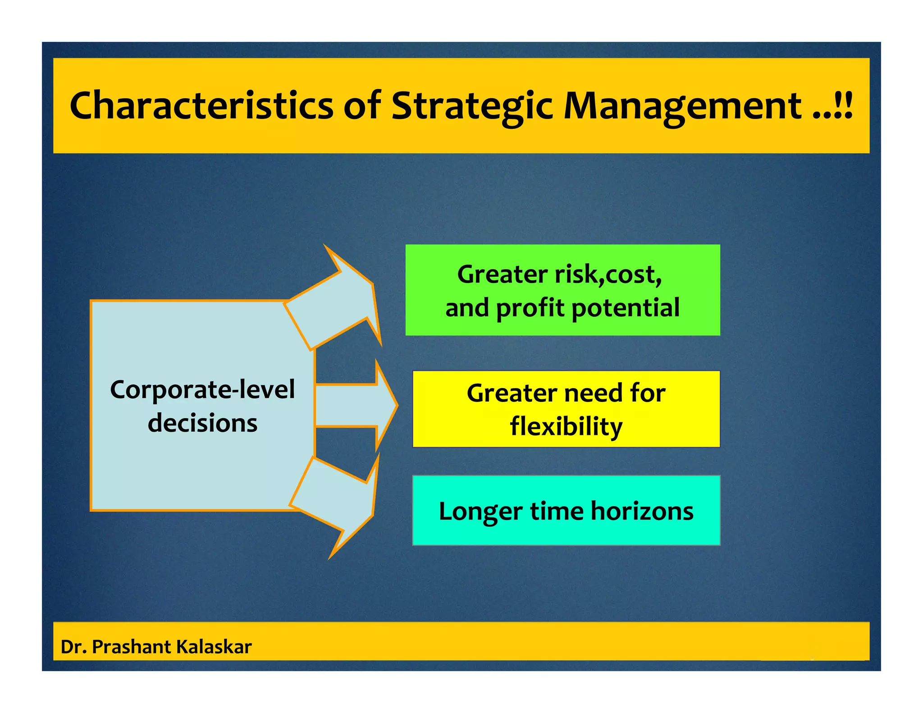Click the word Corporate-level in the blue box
202,389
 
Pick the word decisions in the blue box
202,423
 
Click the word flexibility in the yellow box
566,426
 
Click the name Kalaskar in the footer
214,647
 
